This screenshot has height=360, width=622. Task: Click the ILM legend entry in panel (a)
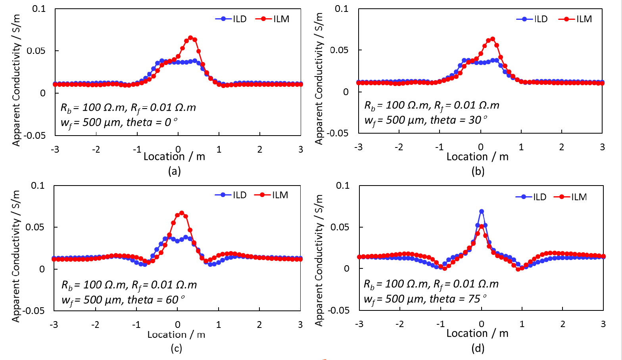click(273, 19)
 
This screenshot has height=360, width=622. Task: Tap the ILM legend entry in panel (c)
click(271, 195)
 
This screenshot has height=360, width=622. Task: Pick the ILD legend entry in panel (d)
click(531, 197)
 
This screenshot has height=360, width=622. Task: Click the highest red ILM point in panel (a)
click(190, 38)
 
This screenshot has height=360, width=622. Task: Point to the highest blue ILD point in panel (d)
click(482, 211)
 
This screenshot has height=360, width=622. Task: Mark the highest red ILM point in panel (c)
click(182, 213)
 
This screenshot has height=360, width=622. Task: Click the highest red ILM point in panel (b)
click(493, 39)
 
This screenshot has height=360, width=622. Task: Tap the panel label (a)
click(175, 171)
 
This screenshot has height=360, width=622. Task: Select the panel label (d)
click(478, 348)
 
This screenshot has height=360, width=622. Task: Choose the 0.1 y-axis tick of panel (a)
click(39, 9)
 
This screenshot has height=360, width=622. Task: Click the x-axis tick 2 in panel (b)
click(562, 147)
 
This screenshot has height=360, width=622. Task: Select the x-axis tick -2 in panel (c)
click(95, 325)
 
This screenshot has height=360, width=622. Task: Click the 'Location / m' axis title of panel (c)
click(176, 335)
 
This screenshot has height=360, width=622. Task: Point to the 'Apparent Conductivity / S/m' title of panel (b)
click(319, 79)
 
